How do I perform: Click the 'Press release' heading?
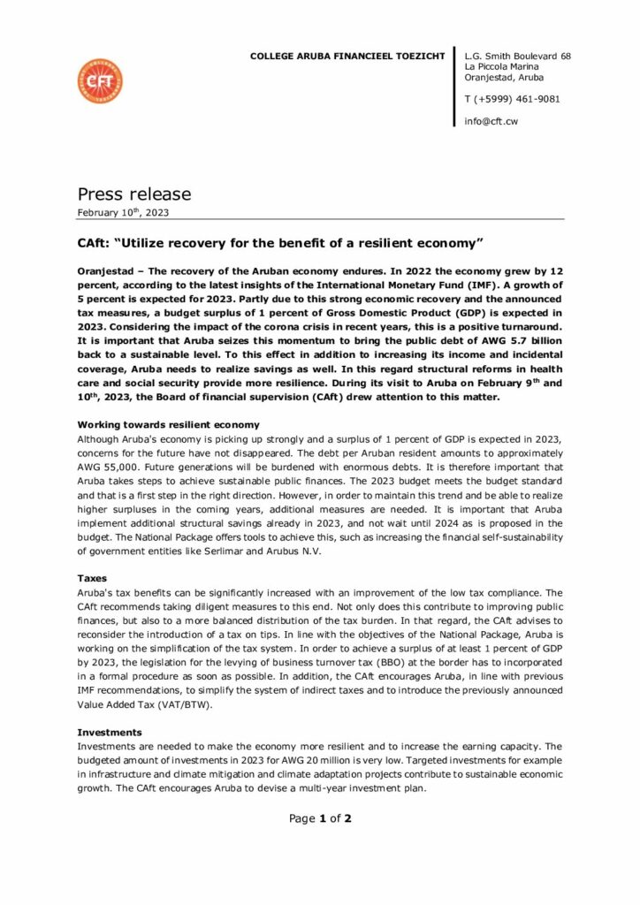(133, 194)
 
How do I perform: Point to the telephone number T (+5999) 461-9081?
(512, 99)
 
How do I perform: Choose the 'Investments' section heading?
(110, 732)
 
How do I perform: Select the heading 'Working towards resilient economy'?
(169, 425)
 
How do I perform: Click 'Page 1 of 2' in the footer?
(320, 818)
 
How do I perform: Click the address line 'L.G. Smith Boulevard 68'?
(517, 56)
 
